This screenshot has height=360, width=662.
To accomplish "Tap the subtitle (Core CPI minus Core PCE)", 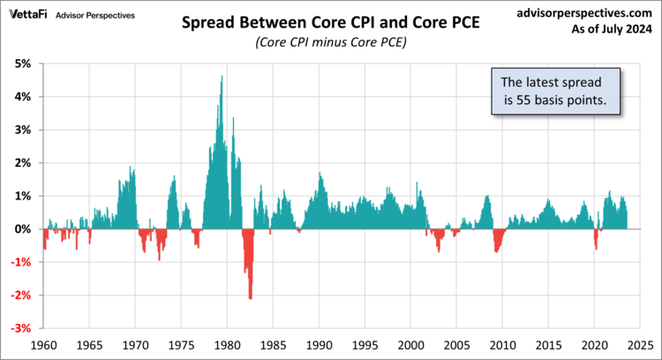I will (330, 42).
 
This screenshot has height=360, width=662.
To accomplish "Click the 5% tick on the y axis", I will (21, 64).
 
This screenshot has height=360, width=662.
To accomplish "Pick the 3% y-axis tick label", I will (21, 130).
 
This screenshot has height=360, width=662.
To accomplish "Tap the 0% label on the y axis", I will (21, 229).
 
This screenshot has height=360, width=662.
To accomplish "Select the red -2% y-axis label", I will (19, 296).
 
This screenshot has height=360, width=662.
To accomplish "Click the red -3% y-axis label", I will (19, 328).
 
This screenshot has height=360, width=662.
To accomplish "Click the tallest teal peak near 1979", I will (222, 78).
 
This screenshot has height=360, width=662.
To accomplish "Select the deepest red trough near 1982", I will (250, 296).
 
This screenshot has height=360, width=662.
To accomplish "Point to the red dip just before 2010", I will (496, 250).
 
